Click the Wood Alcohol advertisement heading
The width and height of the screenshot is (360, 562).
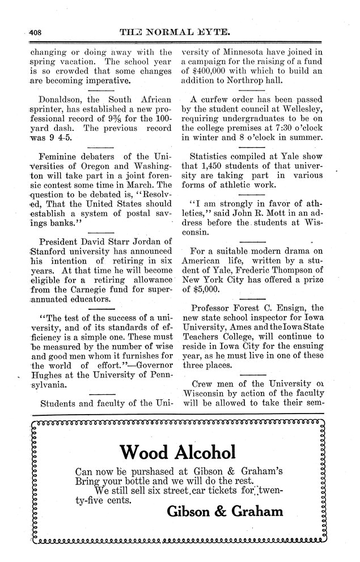tap(177, 452)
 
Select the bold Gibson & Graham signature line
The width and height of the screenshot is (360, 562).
tap(225, 512)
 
